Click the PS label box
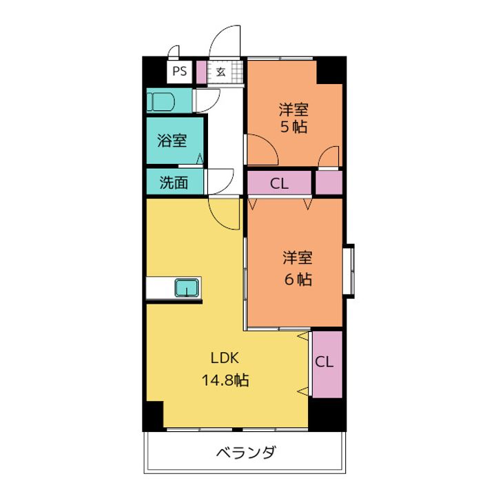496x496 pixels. tap(179, 71)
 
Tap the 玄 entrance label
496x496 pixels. tap(220, 72)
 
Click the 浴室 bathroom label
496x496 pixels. tap(172, 141)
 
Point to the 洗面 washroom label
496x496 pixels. tap(174, 183)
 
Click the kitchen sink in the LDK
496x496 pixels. tap(187, 287)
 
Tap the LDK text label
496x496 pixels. tap(225, 358)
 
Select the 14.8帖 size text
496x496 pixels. tap(225, 380)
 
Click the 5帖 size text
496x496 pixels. tap(293, 127)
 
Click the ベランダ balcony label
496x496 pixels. tap(246, 453)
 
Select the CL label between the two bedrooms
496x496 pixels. tap(279, 183)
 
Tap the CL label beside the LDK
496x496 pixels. tap(325, 362)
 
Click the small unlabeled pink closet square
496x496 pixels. tap(329, 183)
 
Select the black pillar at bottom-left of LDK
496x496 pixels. tap(153, 416)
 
